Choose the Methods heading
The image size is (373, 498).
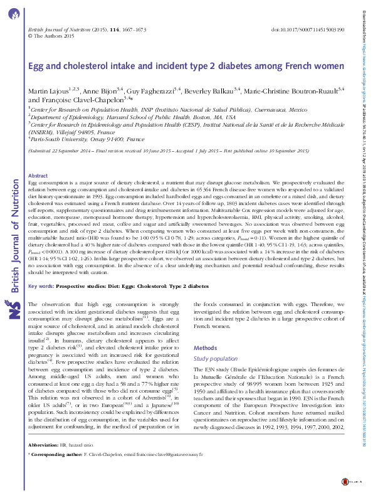click(x=205, y=347)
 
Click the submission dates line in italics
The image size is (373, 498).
click(x=169, y=151)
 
